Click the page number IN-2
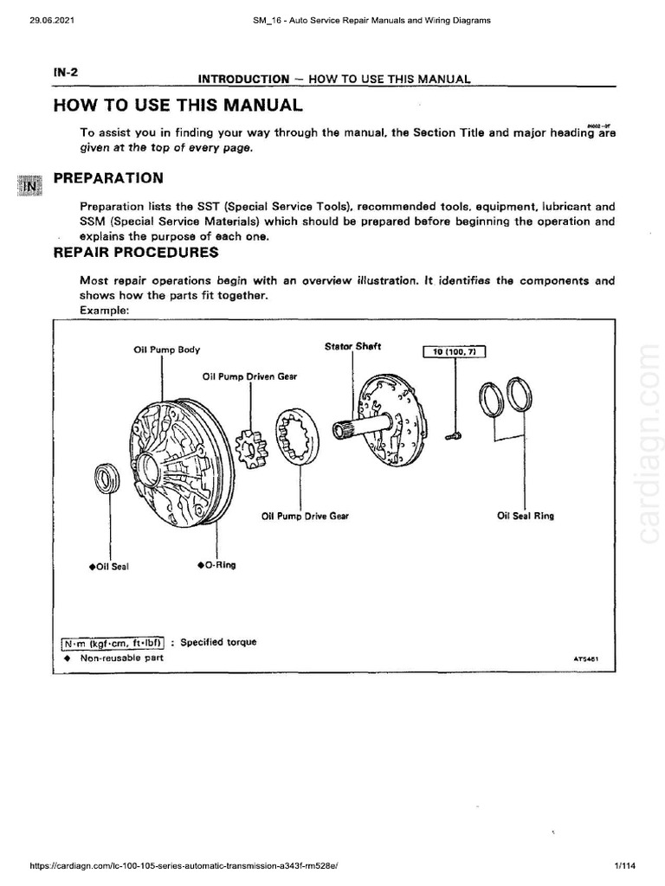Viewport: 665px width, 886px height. [x=65, y=72]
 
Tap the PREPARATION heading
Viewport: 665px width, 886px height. [x=108, y=178]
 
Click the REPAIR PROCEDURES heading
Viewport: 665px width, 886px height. [x=136, y=253]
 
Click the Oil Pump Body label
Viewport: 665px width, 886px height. [x=166, y=350]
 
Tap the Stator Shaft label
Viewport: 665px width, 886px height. [x=352, y=347]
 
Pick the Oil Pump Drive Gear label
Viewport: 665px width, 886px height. [x=305, y=516]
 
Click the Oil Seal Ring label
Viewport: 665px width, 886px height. [x=526, y=516]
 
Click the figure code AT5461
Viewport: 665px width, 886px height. [x=586, y=659]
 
